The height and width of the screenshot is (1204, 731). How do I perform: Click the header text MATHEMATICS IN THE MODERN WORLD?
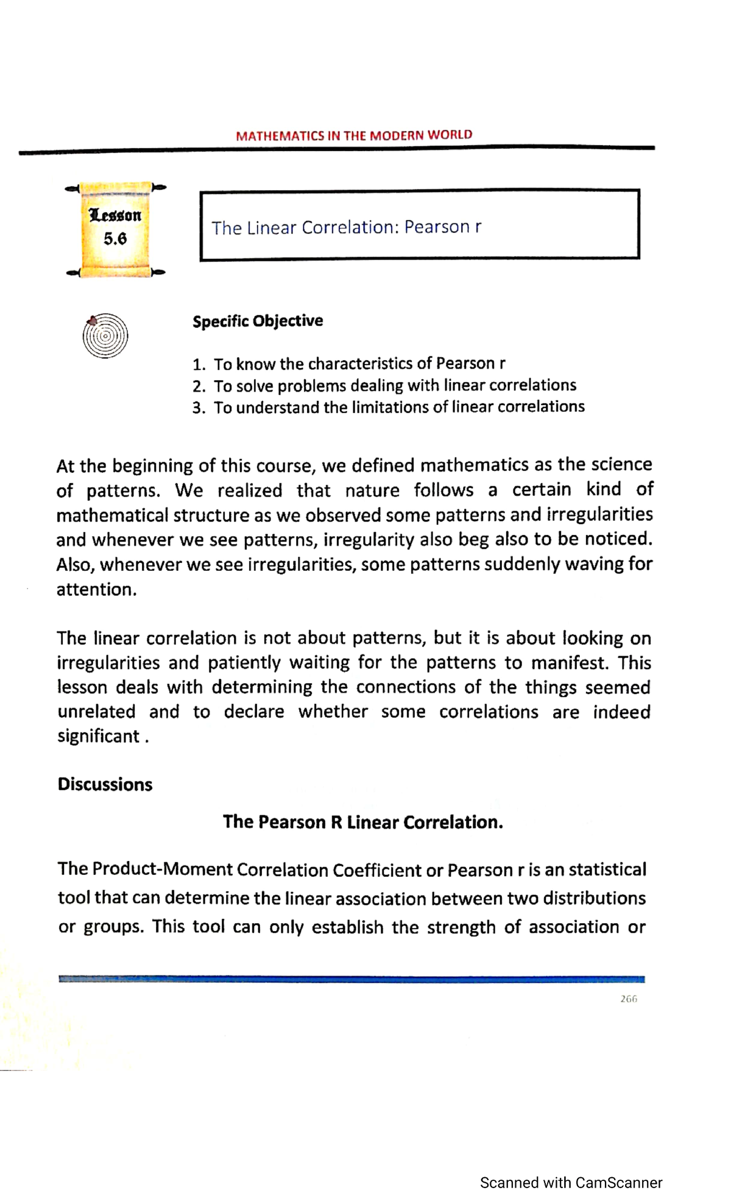[353, 135]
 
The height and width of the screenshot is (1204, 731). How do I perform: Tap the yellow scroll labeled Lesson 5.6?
[115, 229]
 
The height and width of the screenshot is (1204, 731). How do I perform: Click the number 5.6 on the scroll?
[115, 239]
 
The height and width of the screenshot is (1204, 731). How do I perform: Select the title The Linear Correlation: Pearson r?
[346, 227]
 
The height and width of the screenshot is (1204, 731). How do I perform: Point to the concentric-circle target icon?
[105, 335]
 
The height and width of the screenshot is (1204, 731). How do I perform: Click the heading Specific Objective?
[258, 321]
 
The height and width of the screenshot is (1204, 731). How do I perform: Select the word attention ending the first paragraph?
[95, 589]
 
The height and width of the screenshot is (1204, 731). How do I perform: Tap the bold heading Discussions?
[105, 784]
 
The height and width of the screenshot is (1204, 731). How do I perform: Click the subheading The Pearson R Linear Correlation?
[363, 822]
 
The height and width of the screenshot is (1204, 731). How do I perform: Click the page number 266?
[628, 999]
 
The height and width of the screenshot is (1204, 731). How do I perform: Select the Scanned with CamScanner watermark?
[571, 1183]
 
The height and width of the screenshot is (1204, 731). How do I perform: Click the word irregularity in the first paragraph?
[369, 540]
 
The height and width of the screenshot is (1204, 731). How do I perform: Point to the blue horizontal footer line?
[351, 979]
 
